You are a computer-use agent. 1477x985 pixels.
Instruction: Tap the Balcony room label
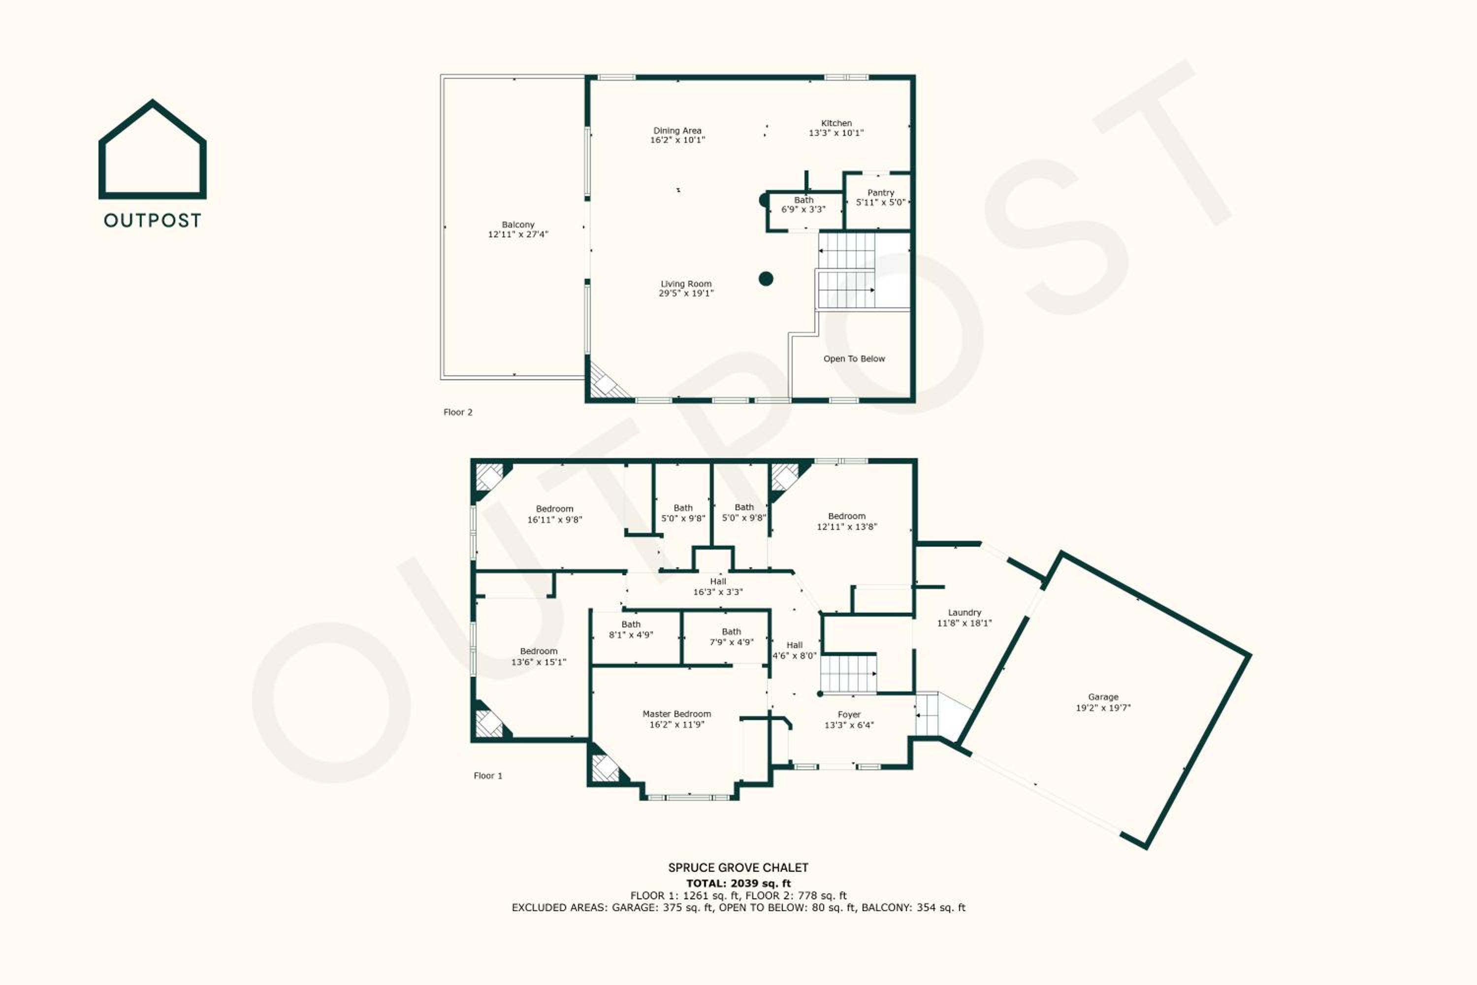[518, 224]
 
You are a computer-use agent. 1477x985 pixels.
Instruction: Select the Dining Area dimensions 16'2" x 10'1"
[677, 140]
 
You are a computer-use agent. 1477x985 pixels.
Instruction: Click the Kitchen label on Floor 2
[836, 123]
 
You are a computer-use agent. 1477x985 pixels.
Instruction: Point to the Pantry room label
[880, 193]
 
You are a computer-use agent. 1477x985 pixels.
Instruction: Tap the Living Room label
[686, 284]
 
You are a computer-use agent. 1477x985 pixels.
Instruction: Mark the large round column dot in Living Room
[766, 278]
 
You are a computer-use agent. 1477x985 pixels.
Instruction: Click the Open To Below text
[854, 359]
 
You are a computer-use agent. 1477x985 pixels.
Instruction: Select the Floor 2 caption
[458, 412]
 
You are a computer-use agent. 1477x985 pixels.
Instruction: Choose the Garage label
[1103, 697]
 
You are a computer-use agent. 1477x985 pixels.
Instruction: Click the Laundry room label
[964, 613]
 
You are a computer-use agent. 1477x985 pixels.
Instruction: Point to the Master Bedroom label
[677, 714]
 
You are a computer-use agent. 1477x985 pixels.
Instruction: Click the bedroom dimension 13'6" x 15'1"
[539, 661]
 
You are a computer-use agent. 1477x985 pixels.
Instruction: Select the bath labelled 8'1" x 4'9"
[631, 629]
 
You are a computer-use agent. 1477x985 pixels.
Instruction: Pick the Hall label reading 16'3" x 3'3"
[718, 587]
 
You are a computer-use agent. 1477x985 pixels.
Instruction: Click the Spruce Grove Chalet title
[738, 867]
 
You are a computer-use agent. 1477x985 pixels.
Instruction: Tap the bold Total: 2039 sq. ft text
[738, 883]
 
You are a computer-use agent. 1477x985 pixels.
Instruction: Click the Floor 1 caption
[488, 776]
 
